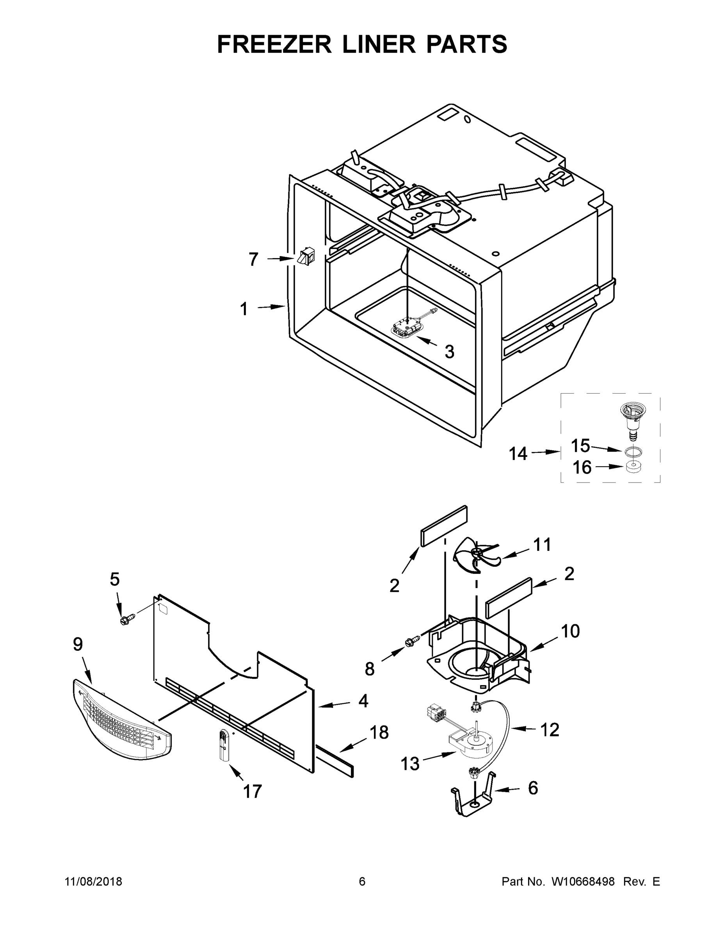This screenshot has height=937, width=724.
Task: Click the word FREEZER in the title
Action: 274,44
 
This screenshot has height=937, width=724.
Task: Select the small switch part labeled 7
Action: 305,257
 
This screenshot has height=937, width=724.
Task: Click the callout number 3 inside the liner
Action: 449,352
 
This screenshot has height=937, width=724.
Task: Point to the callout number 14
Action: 518,454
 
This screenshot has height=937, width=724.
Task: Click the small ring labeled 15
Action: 633,451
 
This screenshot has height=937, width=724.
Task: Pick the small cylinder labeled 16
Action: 633,467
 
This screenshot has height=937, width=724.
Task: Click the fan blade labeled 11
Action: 476,556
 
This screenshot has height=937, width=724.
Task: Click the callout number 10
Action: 571,631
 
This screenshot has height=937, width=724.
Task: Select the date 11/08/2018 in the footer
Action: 94,882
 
